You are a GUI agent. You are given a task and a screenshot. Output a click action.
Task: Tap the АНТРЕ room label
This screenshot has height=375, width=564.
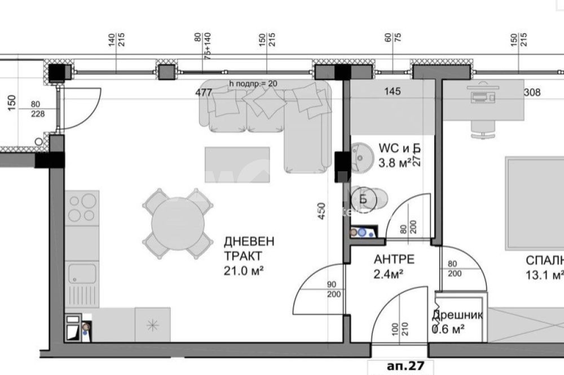[x=394, y=260]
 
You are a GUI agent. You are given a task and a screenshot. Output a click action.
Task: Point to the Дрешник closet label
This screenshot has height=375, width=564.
[x=457, y=315]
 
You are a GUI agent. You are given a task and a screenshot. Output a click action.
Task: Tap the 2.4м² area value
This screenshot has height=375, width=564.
[x=389, y=275]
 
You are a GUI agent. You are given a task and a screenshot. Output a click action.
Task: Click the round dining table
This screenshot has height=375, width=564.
[x=178, y=224]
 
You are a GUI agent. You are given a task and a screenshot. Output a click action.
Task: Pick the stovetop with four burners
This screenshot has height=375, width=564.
[x=82, y=208]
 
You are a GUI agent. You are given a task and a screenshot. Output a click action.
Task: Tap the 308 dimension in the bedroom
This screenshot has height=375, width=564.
[x=532, y=93]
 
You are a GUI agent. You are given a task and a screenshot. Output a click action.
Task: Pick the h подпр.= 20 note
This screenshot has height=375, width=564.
[x=253, y=83]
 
